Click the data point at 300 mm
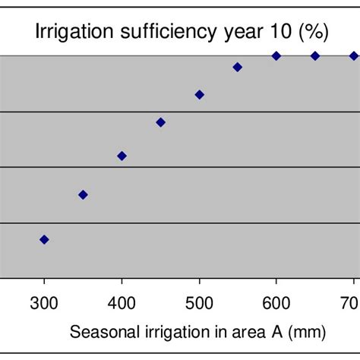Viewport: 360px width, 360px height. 44,239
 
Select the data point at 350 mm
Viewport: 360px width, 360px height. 83,194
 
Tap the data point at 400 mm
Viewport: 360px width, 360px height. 122,156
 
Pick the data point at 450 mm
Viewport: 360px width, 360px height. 160,122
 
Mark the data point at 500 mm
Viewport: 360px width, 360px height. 199,94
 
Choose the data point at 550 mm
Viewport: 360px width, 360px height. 238,67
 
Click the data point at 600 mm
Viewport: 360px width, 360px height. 276,55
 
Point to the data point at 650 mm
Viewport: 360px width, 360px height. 315,55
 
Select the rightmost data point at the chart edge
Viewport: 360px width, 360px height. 354,55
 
